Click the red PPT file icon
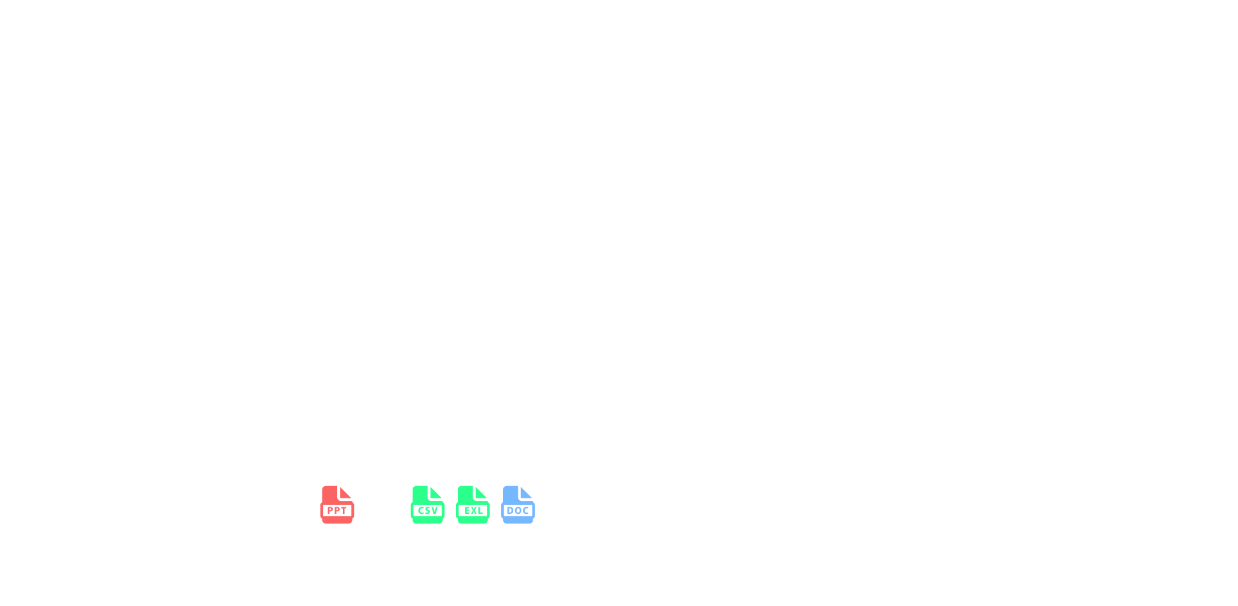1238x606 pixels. (337, 505)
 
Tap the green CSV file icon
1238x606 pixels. (427, 505)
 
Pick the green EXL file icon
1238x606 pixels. (473, 505)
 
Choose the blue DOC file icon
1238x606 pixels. (518, 505)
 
